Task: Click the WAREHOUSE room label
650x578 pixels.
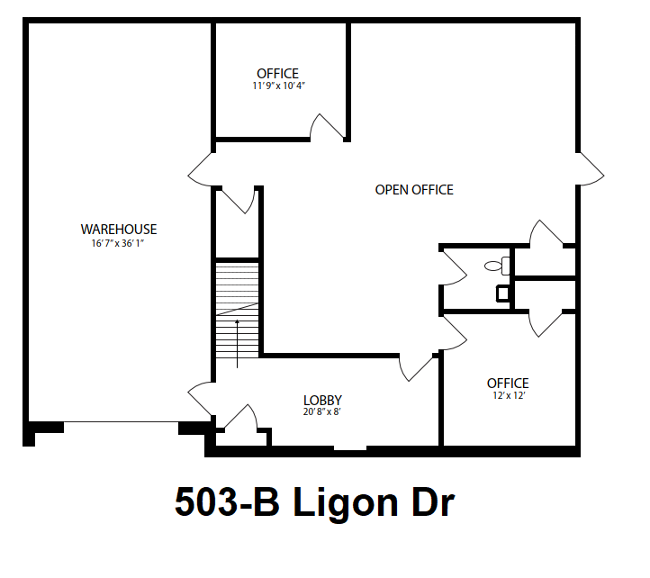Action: (119, 230)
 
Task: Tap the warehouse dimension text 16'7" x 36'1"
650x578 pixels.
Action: (118, 243)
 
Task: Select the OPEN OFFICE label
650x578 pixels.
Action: (414, 190)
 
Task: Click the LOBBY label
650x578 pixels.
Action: (322, 400)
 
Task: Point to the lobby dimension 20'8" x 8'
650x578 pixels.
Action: (321, 411)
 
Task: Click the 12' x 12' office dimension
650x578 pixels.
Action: (509, 395)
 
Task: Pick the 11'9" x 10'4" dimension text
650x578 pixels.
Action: (278, 86)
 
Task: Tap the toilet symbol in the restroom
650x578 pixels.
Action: (497, 266)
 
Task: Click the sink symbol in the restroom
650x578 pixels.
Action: (503, 294)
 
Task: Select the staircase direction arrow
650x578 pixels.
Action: (237, 344)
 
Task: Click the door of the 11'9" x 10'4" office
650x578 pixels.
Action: (327, 126)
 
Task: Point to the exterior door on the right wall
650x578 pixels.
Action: (591, 168)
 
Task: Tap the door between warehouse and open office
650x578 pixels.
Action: (200, 169)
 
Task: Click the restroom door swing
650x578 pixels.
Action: (454, 268)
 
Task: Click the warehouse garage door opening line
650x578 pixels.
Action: (121, 422)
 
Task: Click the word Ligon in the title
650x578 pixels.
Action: (346, 503)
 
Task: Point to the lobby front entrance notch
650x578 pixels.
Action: (350, 447)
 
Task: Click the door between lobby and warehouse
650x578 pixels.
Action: (201, 398)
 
